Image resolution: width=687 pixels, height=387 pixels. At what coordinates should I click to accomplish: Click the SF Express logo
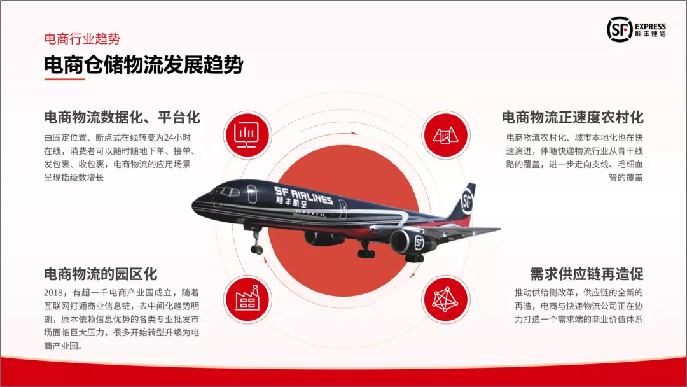click(636, 29)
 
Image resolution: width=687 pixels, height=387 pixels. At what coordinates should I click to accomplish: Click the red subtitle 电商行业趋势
click(82, 39)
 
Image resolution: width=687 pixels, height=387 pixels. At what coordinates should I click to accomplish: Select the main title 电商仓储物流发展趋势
click(143, 65)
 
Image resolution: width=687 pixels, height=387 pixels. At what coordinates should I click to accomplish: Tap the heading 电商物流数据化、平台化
click(121, 118)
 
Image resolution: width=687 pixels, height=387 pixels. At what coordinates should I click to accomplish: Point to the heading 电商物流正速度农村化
click(572, 118)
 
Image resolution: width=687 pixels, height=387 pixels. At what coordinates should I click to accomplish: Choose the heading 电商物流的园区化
click(101, 274)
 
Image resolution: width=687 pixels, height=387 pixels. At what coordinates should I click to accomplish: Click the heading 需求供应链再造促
click(586, 274)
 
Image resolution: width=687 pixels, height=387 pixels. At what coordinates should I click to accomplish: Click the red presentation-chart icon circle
click(247, 135)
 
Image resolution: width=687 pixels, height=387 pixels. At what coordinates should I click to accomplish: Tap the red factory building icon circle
click(247, 300)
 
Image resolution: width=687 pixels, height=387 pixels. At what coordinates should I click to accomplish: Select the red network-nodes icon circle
click(445, 300)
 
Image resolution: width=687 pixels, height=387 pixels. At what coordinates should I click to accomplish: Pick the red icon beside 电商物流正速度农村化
click(445, 135)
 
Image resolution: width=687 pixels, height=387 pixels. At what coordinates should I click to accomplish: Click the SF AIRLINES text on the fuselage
click(303, 193)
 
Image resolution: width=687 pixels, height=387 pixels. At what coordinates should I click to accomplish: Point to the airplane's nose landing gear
click(256, 241)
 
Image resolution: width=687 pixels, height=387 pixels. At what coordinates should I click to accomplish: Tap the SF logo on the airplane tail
click(468, 201)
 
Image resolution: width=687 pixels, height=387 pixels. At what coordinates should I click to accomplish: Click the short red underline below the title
click(64, 80)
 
